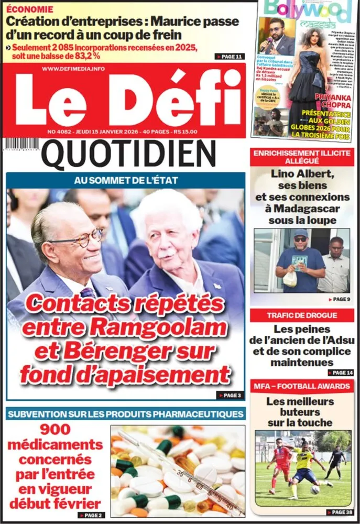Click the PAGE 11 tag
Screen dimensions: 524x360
[x=229, y=56]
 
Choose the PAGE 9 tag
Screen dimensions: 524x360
[x=338, y=299]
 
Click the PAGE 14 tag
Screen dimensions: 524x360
[x=338, y=372]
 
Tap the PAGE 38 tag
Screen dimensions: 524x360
[x=338, y=512]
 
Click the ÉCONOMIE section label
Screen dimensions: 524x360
[x=30, y=9]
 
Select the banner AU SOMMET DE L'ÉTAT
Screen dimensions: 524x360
[x=126, y=180]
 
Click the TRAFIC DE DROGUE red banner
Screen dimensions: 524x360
[x=302, y=315]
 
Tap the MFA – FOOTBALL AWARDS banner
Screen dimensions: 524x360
[x=302, y=386]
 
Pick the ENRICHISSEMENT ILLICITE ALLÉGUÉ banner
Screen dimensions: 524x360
[x=302, y=157]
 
